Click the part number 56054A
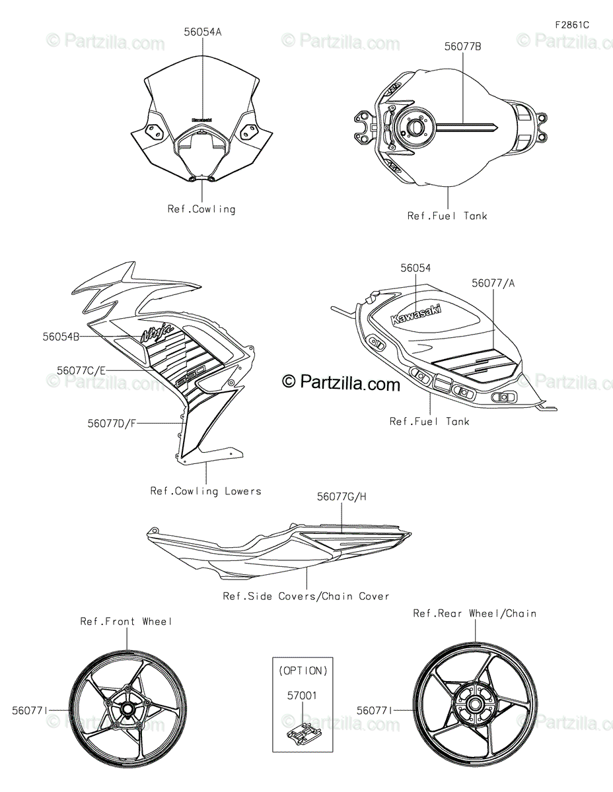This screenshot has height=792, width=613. pos(202,31)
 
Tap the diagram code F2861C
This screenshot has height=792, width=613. pos(571,25)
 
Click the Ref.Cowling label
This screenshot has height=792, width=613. pos(201,209)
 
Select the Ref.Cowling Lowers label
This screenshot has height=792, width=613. pos(205,491)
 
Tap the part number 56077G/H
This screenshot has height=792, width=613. pos(341,496)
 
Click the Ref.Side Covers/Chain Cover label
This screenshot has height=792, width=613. pos(306,596)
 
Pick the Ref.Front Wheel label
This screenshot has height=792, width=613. pos(126,621)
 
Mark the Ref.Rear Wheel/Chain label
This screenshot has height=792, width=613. pos(474,613)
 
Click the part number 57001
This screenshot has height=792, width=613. pos(303,695)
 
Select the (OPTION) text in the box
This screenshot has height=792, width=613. pos(303,671)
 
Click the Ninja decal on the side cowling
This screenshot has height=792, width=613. pos(157,332)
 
